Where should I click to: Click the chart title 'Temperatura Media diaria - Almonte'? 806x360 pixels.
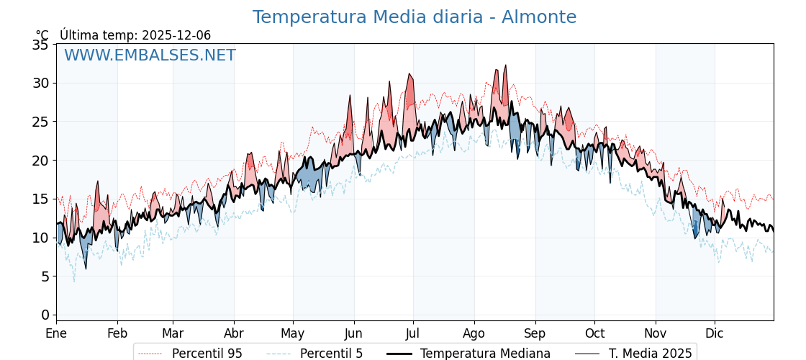click(414, 17)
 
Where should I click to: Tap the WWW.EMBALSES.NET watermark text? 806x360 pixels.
click(150, 55)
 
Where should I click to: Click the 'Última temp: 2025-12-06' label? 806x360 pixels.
click(135, 35)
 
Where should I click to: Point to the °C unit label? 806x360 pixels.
click(42, 35)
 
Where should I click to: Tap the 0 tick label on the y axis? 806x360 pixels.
click(45, 315)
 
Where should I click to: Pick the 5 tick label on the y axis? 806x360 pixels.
click(45, 276)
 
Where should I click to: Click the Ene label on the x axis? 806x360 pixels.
click(56, 333)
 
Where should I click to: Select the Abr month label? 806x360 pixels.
click(234, 333)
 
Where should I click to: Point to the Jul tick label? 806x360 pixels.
click(413, 333)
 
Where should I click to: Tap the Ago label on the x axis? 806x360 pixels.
click(474, 333)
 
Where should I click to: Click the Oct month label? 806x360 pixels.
click(594, 333)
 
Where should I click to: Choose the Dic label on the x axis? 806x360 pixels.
click(715, 333)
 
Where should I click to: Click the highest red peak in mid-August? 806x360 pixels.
click(506, 66)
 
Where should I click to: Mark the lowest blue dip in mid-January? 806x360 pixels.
click(86, 269)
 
